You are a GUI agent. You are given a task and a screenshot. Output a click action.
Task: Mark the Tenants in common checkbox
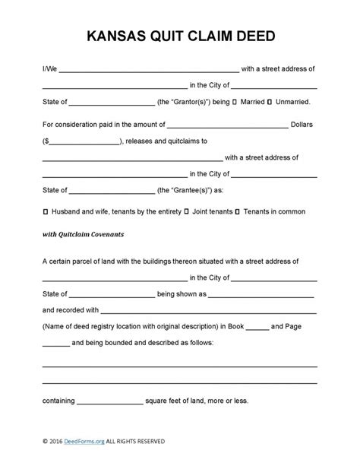point(238,209)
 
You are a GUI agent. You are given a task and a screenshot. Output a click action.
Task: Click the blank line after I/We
point(149,70)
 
